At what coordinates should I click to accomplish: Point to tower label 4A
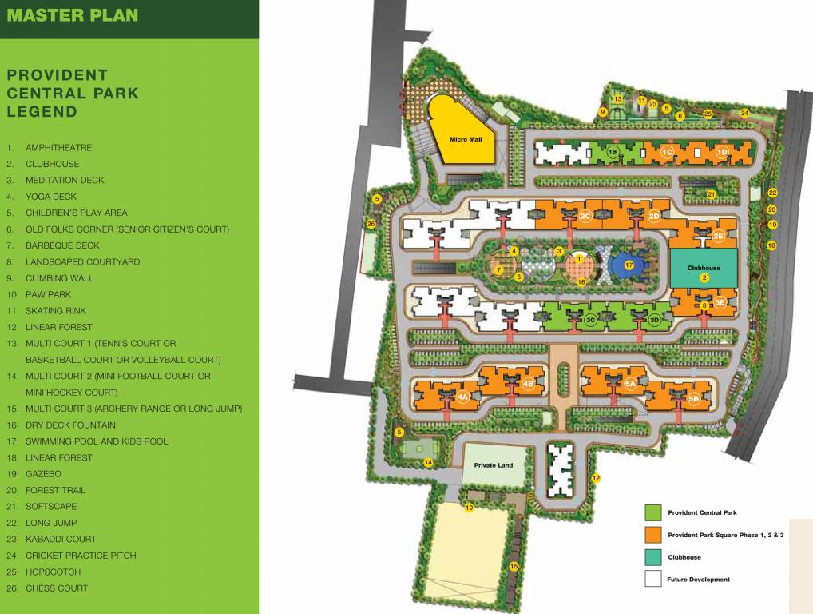(462, 397)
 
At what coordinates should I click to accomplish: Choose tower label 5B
(693, 398)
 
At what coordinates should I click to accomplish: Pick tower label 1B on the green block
(613, 151)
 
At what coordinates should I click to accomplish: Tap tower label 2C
(585, 217)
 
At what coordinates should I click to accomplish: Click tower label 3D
(654, 320)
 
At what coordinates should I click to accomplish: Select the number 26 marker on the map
(371, 224)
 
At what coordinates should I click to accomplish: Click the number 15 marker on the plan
(514, 566)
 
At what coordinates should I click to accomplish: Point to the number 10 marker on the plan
(469, 508)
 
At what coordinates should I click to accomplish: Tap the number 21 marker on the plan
(711, 194)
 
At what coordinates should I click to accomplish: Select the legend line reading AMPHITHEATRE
(58, 148)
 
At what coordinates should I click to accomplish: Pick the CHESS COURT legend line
(57, 588)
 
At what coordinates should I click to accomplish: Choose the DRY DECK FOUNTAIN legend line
(70, 425)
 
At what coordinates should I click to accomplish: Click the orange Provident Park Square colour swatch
(652, 534)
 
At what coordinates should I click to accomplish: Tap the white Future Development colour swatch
(652, 579)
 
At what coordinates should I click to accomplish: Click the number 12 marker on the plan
(596, 478)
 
